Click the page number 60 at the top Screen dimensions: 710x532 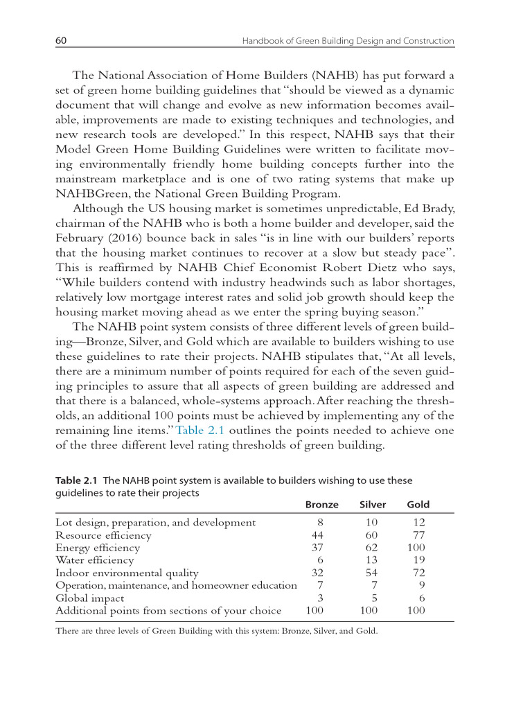[61, 41]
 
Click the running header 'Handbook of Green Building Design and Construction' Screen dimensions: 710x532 [348, 42]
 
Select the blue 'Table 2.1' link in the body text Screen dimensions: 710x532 [199, 429]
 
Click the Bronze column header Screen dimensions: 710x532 [321, 504]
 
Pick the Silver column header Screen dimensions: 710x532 [373, 504]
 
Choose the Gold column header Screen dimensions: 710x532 [418, 504]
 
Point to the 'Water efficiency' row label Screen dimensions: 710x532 [95, 560]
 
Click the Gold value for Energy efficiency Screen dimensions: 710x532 [416, 548]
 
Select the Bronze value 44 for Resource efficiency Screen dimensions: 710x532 [319, 535]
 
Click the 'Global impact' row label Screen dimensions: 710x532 [90, 598]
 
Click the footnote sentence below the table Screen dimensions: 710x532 [216, 632]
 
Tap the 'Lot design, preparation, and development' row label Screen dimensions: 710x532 [156, 523]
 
